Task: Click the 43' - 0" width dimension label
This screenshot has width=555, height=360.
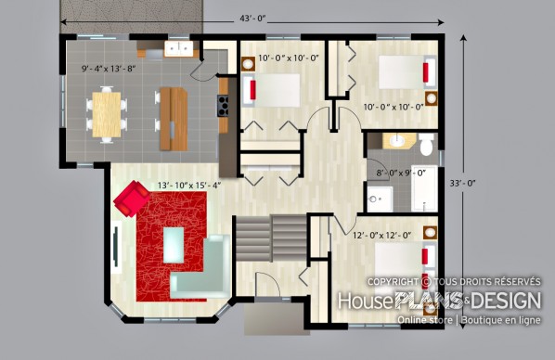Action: (x=252, y=19)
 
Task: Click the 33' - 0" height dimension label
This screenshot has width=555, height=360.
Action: (x=462, y=183)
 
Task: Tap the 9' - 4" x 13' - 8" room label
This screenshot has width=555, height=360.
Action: (x=109, y=69)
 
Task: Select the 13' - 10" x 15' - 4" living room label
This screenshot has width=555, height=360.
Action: (x=189, y=186)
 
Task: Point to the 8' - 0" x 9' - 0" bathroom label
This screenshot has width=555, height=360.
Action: (x=401, y=174)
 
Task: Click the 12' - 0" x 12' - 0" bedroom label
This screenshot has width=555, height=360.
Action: (x=382, y=235)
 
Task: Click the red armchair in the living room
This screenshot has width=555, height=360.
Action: (x=131, y=199)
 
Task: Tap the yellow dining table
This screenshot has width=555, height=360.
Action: (x=106, y=114)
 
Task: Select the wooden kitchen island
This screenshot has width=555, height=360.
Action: (x=174, y=119)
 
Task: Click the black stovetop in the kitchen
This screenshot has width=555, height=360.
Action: (x=223, y=106)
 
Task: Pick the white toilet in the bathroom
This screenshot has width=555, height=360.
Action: (x=427, y=145)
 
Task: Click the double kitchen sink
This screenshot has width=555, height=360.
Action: (x=179, y=49)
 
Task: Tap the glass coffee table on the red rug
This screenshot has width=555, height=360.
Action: (x=174, y=245)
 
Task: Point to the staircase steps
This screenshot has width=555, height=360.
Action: (x=271, y=238)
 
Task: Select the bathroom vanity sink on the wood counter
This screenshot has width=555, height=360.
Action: (x=398, y=141)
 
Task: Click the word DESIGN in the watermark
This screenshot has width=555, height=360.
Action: (x=506, y=301)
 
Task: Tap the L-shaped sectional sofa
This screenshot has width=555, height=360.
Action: (x=201, y=266)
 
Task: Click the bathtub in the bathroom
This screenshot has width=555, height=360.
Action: (x=424, y=188)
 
